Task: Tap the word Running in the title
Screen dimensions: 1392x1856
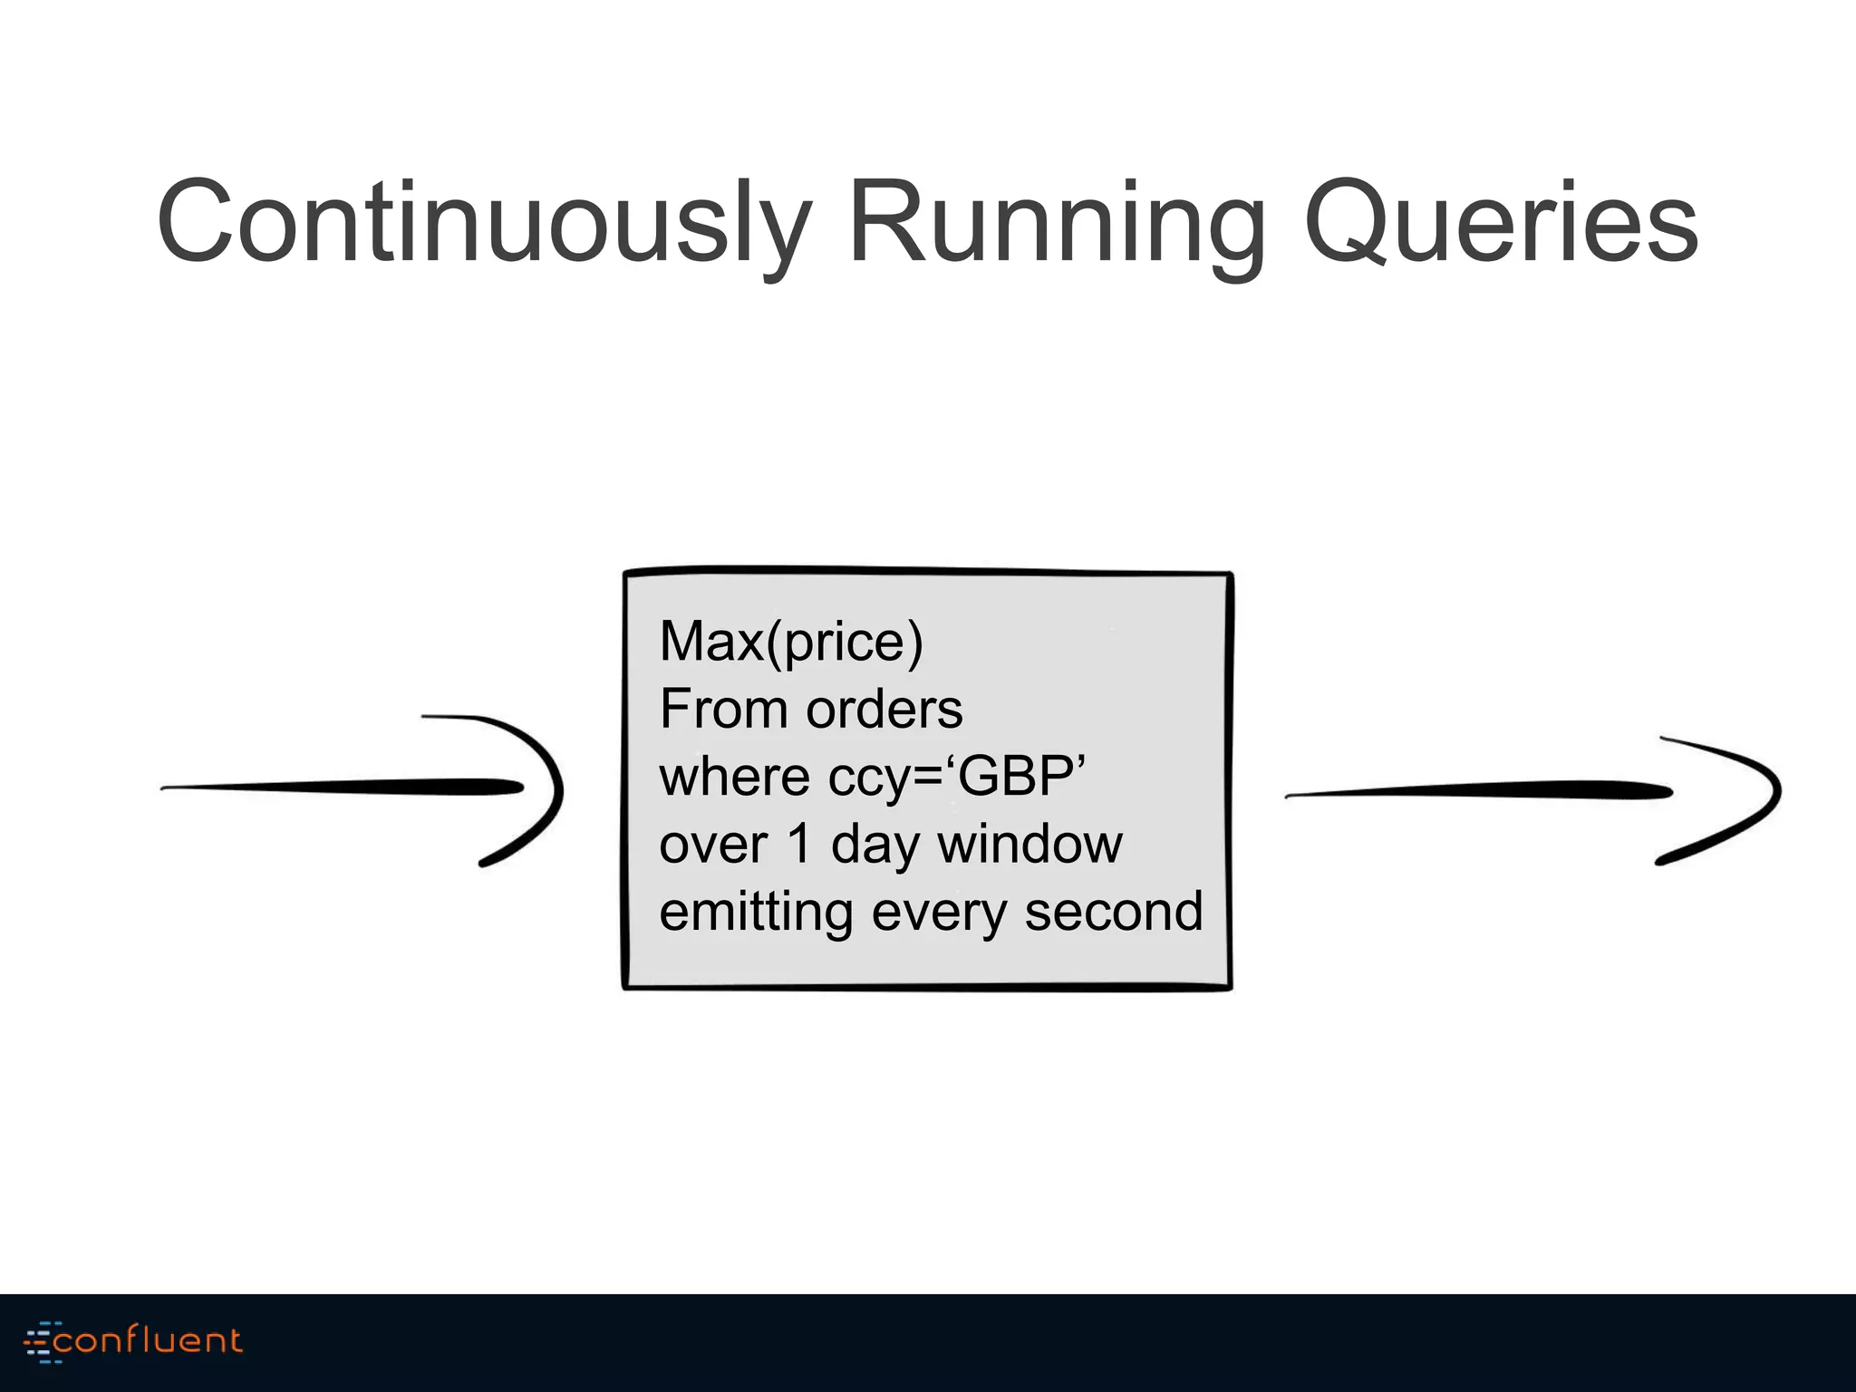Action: [1057, 223]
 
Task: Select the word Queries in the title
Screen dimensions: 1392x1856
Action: [1501, 223]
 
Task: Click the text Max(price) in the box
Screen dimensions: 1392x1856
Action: [791, 642]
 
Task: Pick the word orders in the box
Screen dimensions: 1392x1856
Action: [884, 709]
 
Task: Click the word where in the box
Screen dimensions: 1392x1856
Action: [734, 777]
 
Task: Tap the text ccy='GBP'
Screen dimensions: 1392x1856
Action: [957, 777]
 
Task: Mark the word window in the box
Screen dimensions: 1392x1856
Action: [1029, 844]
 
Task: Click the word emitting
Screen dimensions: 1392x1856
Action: [755, 912]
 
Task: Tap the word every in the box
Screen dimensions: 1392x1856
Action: [938, 912]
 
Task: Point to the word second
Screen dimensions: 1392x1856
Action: [1114, 912]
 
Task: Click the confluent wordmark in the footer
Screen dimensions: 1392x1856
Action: [148, 1340]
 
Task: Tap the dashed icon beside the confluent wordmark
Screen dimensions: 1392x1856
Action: [41, 1342]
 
